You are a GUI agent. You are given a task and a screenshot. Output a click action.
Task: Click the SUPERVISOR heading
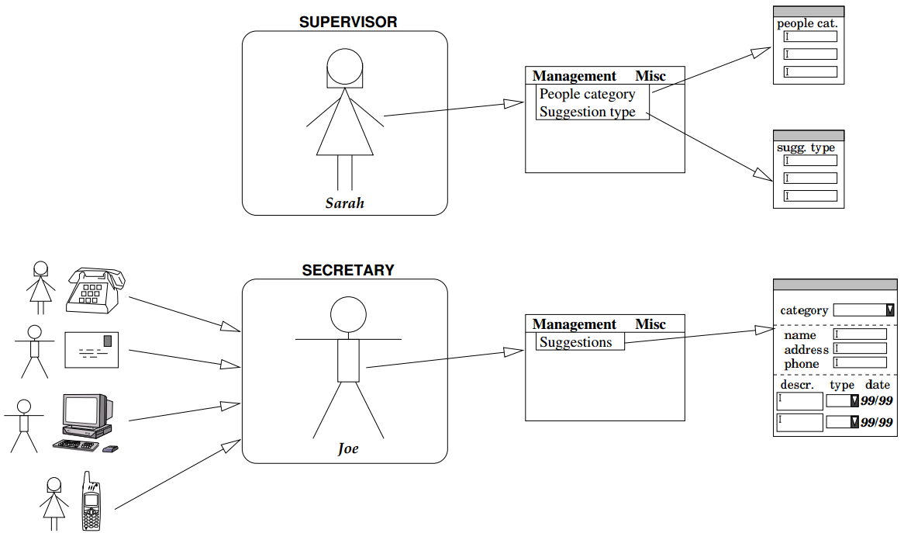point(348,22)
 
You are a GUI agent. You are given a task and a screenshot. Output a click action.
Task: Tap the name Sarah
point(345,203)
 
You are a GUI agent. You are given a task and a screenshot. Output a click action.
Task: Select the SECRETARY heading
point(348,270)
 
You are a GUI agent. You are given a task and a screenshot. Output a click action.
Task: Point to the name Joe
point(348,448)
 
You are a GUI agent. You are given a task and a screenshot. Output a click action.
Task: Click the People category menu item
point(587,94)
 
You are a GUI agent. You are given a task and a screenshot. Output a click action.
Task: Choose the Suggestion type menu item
point(587,112)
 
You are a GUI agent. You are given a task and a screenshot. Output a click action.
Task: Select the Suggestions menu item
point(575,342)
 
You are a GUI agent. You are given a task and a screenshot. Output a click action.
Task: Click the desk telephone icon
point(95,291)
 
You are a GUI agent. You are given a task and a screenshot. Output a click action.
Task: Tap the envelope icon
point(91,350)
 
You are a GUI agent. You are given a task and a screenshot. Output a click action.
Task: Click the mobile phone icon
point(91,501)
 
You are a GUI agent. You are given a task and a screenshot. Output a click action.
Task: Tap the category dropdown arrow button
point(889,310)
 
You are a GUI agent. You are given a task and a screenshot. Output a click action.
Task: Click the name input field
point(860,334)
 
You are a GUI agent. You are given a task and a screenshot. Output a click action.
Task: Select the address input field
point(860,348)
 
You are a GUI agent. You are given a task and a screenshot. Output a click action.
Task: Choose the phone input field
point(860,363)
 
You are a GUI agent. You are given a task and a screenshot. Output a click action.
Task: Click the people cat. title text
point(807,23)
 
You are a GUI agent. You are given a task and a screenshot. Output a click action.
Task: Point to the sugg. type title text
point(806,147)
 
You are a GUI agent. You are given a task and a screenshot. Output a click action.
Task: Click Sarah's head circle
point(345,67)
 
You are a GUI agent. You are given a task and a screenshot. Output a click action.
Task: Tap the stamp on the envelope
point(107,341)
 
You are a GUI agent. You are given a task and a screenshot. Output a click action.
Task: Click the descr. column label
point(797,385)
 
